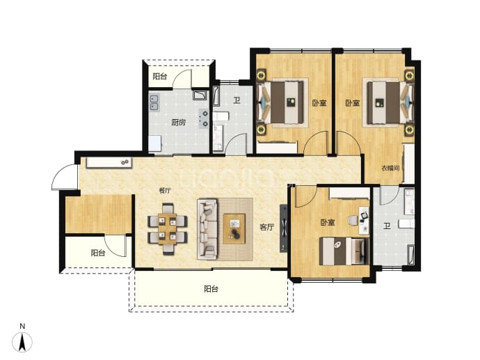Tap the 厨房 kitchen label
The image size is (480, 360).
tap(179, 123)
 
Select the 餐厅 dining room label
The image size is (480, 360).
tap(165, 191)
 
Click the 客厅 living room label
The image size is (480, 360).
tap(266, 227)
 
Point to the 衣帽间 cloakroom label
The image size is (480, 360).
tap(390, 168)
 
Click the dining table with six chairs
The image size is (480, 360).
tap(168, 229)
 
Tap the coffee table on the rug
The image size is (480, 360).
tap(234, 229)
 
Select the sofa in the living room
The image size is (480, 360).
tap(207, 229)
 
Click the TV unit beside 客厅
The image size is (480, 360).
tap(284, 228)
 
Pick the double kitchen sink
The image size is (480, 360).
tap(154, 102)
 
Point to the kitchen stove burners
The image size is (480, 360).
tap(205, 118)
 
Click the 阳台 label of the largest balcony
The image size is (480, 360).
tap(211, 288)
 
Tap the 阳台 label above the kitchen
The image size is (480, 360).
tap(160, 76)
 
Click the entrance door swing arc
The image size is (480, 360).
tap(58, 174)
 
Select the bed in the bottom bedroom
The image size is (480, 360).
tap(344, 251)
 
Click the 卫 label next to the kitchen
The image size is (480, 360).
tap(237, 100)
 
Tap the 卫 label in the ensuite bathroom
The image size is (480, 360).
tap(387, 226)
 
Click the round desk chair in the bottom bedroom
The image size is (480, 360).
tap(353, 220)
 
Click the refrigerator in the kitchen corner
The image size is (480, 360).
tap(155, 143)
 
